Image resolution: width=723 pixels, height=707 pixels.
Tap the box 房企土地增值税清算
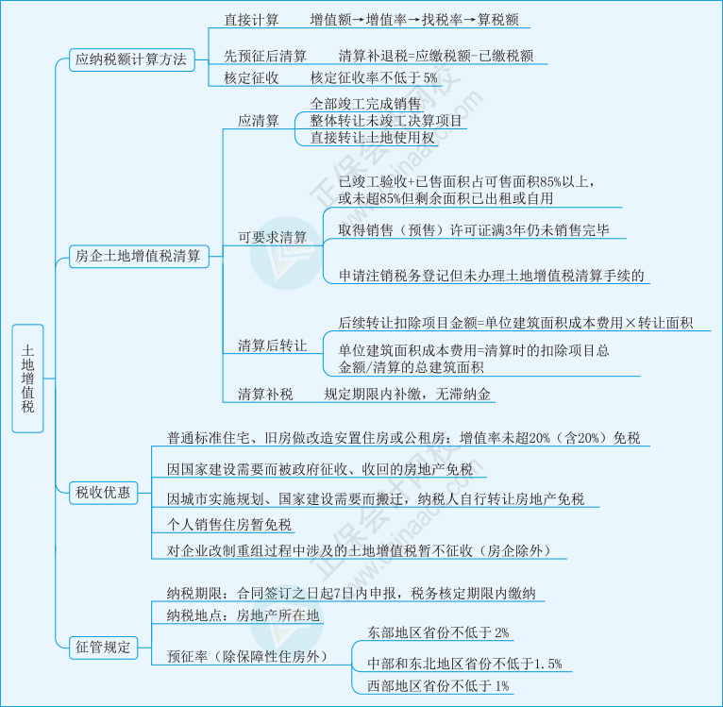(138, 256)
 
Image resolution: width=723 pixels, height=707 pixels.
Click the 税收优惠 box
(104, 492)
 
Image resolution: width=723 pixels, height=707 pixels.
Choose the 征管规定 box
(104, 648)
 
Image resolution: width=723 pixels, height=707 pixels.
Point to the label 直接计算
(251, 20)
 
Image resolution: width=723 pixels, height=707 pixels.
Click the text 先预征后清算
(265, 56)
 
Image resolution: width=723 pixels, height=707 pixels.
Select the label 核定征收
(251, 78)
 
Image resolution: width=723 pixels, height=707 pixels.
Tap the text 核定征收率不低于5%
(374, 78)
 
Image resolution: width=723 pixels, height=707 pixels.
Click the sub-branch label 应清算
(259, 121)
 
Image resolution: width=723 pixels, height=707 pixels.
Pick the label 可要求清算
(272, 237)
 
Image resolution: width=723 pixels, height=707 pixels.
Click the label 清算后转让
(272, 345)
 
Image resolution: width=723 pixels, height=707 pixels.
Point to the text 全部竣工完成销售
(365, 104)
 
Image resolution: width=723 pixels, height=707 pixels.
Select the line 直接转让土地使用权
(374, 139)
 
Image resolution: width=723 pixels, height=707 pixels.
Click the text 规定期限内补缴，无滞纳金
(408, 395)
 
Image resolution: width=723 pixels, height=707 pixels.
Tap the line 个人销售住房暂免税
(229, 525)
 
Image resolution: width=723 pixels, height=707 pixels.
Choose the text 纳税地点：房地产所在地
(244, 615)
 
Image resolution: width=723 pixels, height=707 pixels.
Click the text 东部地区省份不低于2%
(439, 632)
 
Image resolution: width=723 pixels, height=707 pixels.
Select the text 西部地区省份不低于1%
(439, 685)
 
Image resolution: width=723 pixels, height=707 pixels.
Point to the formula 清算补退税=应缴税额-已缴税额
(435, 56)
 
